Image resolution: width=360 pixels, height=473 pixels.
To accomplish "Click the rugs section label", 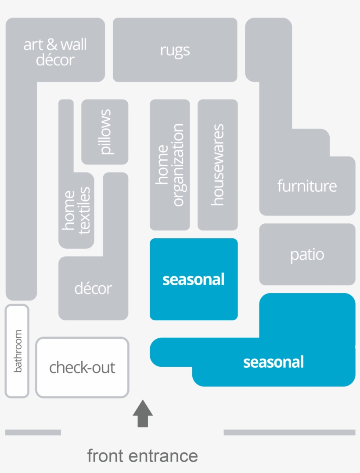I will coord(175,50).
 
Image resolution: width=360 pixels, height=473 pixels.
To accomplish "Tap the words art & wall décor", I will coord(55,52).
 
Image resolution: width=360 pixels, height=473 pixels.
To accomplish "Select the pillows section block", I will coord(105,132).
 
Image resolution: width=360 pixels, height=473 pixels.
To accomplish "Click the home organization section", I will coord(170,165).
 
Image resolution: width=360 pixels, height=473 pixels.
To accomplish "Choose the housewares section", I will coord(217,165).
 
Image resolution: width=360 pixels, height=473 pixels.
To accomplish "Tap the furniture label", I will coord(307,186).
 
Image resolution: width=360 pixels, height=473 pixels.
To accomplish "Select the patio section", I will coord(307,254).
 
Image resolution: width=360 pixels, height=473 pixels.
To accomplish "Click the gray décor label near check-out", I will coord(93,288).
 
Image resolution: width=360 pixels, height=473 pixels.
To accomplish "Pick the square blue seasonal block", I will coord(194,279).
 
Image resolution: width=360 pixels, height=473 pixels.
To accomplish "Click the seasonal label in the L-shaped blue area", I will coord(273,362).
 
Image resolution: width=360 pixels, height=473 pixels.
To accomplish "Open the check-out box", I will coord(82,367).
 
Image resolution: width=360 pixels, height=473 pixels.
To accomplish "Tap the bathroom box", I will coord(17,351).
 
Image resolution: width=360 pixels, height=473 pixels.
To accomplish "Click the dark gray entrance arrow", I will coord(143,413).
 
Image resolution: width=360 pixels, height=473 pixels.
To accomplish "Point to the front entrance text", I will coord(142,455).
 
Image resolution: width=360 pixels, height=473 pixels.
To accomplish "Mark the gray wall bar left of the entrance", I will coord(33,432).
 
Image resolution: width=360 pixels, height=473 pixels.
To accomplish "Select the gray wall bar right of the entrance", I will coord(289,432).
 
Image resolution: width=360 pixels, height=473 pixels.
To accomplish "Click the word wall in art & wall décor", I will coord(73,44).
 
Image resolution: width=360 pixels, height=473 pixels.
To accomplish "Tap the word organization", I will coord(178,165).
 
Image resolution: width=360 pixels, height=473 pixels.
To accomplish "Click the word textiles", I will coord(84,210).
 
